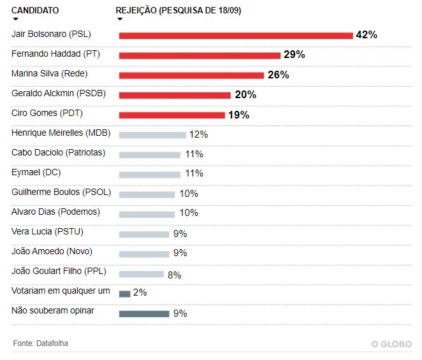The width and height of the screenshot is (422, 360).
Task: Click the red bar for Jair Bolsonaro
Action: point(236,36)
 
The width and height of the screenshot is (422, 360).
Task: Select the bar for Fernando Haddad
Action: point(200,55)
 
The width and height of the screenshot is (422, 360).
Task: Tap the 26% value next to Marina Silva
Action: point(278,75)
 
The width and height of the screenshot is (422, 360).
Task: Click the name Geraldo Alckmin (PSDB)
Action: point(59,94)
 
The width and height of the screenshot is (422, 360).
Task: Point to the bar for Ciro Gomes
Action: point(171,115)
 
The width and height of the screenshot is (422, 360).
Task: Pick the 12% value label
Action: point(198,134)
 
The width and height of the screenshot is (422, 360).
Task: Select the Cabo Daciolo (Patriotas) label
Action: point(59,153)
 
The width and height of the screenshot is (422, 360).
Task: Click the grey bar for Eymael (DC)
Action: point(150,174)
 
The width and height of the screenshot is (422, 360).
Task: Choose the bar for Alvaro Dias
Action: point(147,213)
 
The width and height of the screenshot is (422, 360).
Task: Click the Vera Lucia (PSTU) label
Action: point(48,232)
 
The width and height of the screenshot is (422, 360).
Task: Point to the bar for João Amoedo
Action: point(144,254)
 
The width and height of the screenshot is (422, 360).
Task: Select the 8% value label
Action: point(174,275)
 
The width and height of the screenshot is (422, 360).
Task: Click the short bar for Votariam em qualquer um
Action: point(124,294)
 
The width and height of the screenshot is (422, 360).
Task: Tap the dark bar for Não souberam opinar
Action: point(144,313)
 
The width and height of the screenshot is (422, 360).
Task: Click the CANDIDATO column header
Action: point(36,11)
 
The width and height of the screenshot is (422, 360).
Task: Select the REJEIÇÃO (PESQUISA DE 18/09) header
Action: point(178,11)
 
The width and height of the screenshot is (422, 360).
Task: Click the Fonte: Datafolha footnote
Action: point(41,343)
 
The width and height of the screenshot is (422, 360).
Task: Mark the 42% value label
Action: point(367,35)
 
